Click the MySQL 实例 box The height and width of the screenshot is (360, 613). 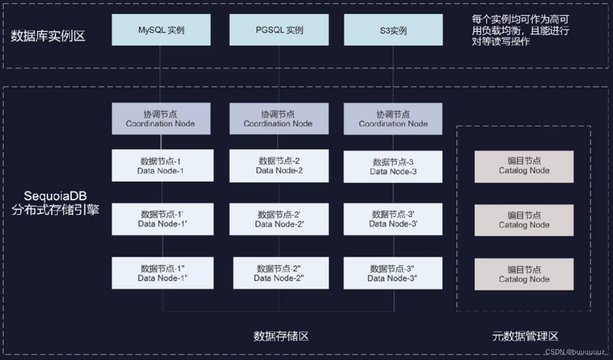point(161,30)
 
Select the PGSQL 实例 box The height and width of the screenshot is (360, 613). point(279,30)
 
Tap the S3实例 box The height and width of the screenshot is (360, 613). point(393,30)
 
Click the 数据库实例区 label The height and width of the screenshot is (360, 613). point(48,37)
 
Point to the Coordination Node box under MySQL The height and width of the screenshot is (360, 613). point(160,119)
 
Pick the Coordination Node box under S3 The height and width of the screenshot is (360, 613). point(393,119)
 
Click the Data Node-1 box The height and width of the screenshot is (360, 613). point(163,166)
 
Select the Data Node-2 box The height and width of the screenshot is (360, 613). point(279,166)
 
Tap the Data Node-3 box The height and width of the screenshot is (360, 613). point(393,167)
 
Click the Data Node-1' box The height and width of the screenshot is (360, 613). point(163,219)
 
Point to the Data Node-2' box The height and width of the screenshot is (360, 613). point(279,219)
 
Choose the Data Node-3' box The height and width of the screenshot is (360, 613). point(393,219)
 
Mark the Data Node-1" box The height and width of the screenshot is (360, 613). point(163,273)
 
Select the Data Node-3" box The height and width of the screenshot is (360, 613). point(393,273)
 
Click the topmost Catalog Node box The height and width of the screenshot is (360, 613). point(524,166)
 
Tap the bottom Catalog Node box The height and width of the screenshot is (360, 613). point(524,274)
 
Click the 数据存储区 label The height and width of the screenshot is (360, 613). point(281,336)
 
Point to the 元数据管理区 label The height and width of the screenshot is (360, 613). point(525,336)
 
